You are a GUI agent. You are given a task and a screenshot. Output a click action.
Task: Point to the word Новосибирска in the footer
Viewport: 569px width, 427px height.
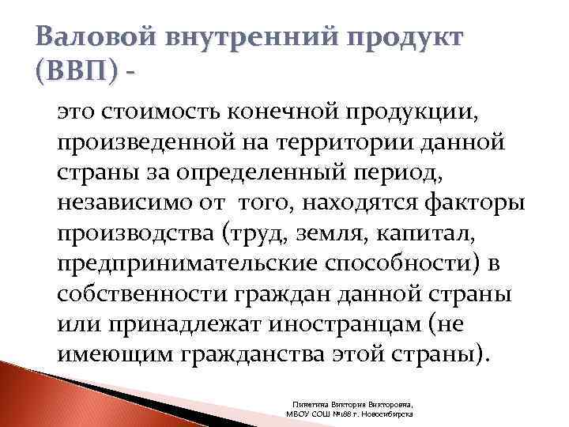point(390,413)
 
